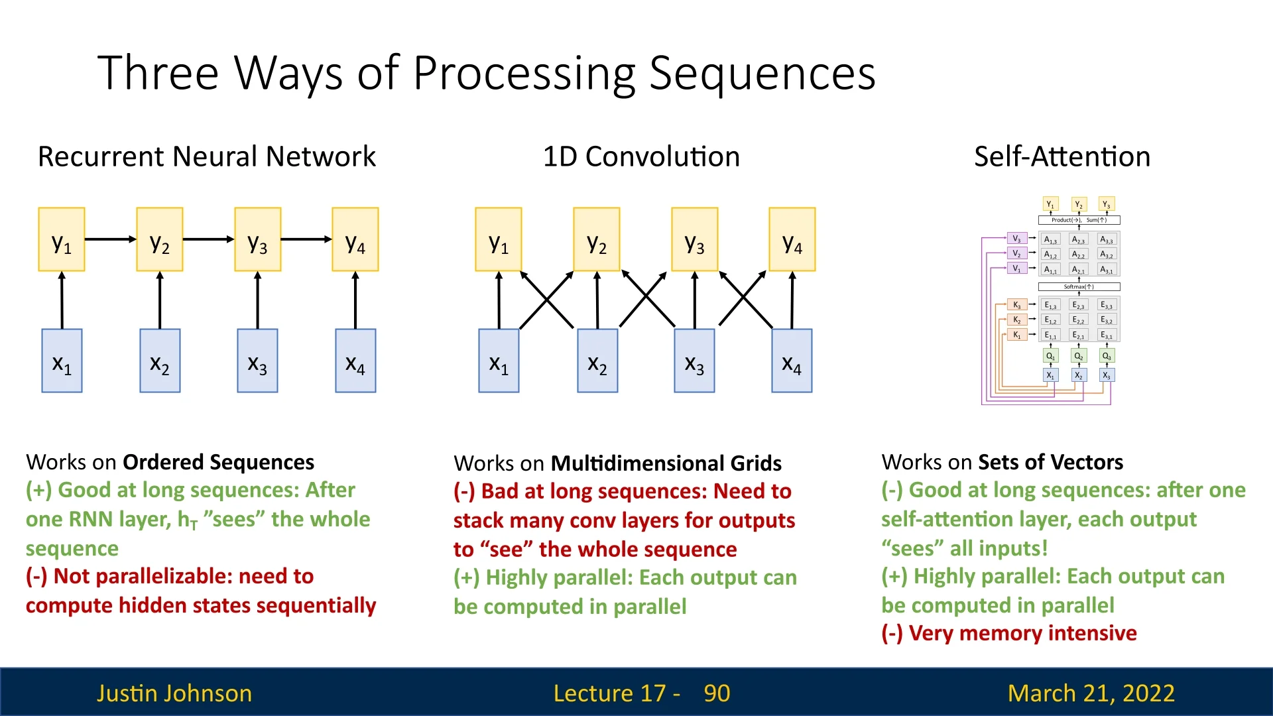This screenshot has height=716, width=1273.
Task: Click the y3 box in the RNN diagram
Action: (257, 239)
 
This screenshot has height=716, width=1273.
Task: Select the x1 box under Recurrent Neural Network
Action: (62, 361)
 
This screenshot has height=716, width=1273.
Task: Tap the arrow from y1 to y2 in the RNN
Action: (110, 239)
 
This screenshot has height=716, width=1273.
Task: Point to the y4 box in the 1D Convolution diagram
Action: (792, 239)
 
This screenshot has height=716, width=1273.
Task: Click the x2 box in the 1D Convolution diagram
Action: (597, 361)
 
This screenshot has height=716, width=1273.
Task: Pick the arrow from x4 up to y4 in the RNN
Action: (355, 300)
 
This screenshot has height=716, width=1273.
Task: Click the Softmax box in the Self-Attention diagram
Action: (1079, 287)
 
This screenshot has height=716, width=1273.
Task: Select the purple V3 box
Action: (1016, 239)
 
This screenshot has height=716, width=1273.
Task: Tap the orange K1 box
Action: (1016, 335)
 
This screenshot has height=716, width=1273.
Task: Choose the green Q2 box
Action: (1079, 356)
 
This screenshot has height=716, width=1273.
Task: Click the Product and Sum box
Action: (1079, 220)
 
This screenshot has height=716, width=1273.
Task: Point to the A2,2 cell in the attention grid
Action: (1079, 255)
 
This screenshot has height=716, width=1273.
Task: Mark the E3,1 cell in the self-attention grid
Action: (1107, 335)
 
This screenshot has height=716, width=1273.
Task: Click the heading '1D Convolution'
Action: (641, 157)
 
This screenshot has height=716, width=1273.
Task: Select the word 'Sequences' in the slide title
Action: (762, 73)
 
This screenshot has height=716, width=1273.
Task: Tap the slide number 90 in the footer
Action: (717, 693)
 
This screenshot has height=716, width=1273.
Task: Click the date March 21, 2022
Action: (1091, 693)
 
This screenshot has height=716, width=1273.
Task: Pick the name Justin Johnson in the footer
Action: (174, 693)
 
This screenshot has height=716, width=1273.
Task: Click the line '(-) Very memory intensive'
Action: (1008, 634)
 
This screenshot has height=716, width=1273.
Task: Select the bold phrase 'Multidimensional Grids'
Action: (666, 463)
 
